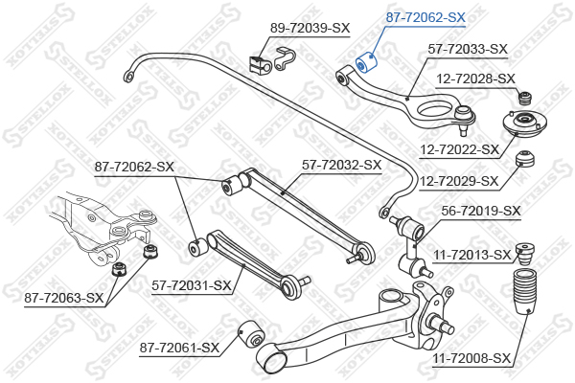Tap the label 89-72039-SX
[310, 28]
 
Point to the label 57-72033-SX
[467, 48]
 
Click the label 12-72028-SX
[475, 79]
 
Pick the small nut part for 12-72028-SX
[524, 98]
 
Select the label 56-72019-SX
[481, 211]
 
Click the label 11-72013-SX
[471, 255]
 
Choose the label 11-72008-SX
[472, 358]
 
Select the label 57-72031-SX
[192, 284]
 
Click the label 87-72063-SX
[63, 298]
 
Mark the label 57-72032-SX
[341, 165]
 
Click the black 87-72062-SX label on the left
[134, 167]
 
